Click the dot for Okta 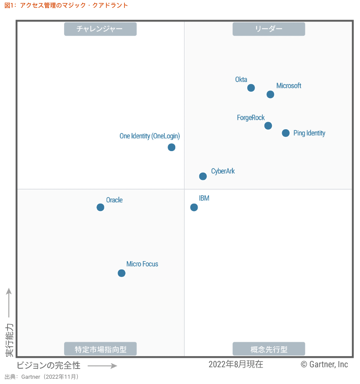click(251, 88)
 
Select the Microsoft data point click(270, 94)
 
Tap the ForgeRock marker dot click(268, 125)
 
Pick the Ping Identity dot click(286, 133)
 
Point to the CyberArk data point click(203, 176)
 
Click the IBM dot click(194, 207)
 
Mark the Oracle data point click(100, 207)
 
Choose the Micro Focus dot click(121, 273)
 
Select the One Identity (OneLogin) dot click(172, 147)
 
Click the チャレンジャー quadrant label click(100, 29)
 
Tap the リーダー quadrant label click(269, 29)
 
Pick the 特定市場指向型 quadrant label click(100, 349)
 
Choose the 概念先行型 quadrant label click(269, 349)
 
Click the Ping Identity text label click(309, 133)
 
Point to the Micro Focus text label click(142, 264)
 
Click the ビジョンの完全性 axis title click(49, 365)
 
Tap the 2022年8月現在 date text click(236, 364)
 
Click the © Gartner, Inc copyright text click(324, 364)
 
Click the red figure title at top click(66, 5)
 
